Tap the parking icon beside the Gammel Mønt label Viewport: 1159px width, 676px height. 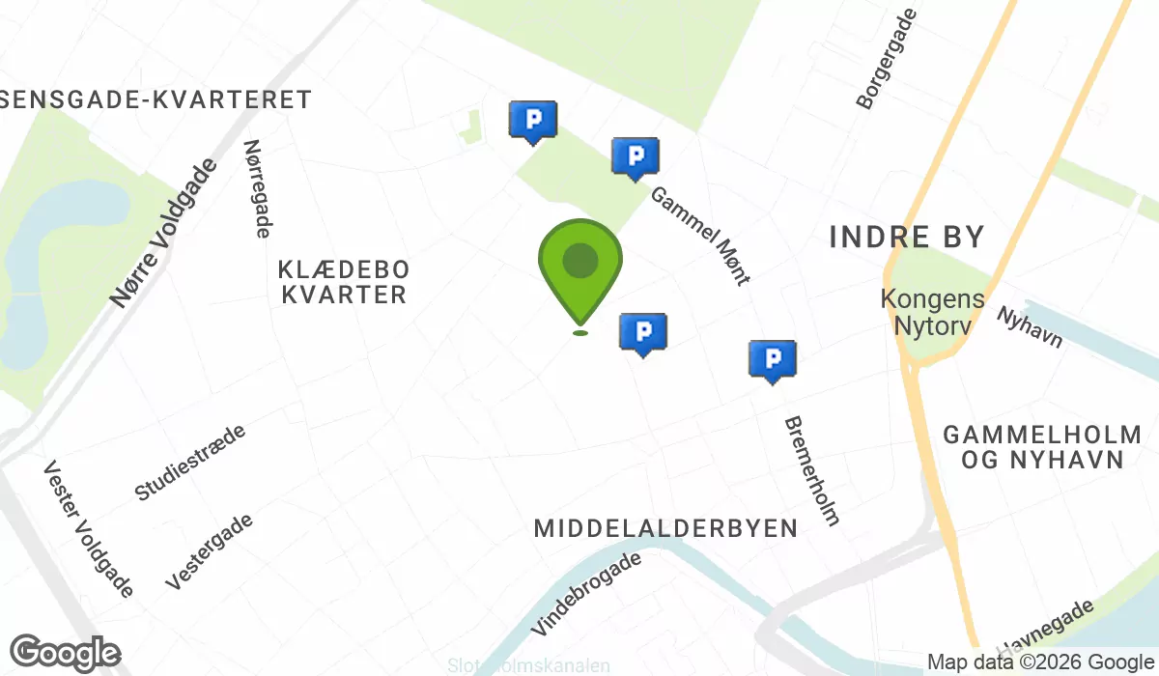(636, 156)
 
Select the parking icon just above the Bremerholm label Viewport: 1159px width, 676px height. (773, 359)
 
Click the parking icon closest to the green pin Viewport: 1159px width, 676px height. (643, 332)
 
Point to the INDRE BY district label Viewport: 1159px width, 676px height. (907, 237)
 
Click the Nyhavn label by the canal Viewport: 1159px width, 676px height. (1030, 327)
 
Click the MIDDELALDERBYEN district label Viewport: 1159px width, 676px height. (666, 528)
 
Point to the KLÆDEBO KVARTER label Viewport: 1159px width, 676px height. (344, 281)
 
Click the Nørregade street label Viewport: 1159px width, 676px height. (257, 188)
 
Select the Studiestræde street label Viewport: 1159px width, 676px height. (190, 462)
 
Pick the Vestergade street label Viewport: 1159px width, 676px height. (210, 551)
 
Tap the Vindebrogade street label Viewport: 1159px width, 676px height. (586, 593)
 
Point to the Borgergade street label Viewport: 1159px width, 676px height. (885, 53)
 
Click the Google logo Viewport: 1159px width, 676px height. (66, 654)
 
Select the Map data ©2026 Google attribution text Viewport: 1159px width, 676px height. (1041, 662)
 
